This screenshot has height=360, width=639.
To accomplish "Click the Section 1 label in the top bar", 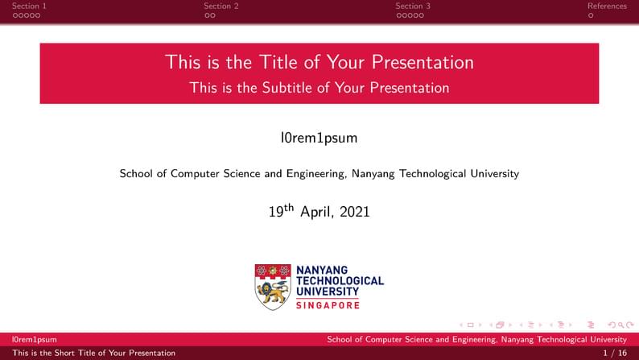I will point(29,6).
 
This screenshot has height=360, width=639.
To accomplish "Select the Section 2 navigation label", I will point(221,6).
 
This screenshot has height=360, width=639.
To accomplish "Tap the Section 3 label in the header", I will point(413,6).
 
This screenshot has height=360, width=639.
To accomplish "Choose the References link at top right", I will point(607,6).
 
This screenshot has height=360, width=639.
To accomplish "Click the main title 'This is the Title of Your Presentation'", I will point(319,62).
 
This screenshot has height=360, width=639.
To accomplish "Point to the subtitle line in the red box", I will point(319,88).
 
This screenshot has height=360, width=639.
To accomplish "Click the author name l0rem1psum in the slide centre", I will point(319,138).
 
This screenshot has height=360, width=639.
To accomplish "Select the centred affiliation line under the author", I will point(319,173).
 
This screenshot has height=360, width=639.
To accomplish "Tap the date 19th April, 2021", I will point(319,212).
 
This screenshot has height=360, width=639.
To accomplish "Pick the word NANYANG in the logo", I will point(322,270).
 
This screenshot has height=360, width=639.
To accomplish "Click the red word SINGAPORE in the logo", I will point(328,305).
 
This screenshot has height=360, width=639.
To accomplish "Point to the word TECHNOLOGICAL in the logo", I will point(340,280).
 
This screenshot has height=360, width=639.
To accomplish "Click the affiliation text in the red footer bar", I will point(476,340).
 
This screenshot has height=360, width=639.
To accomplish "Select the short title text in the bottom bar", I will point(93,353).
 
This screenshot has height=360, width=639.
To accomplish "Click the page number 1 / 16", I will point(615,353).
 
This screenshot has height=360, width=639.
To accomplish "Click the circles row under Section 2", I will point(209,15).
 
